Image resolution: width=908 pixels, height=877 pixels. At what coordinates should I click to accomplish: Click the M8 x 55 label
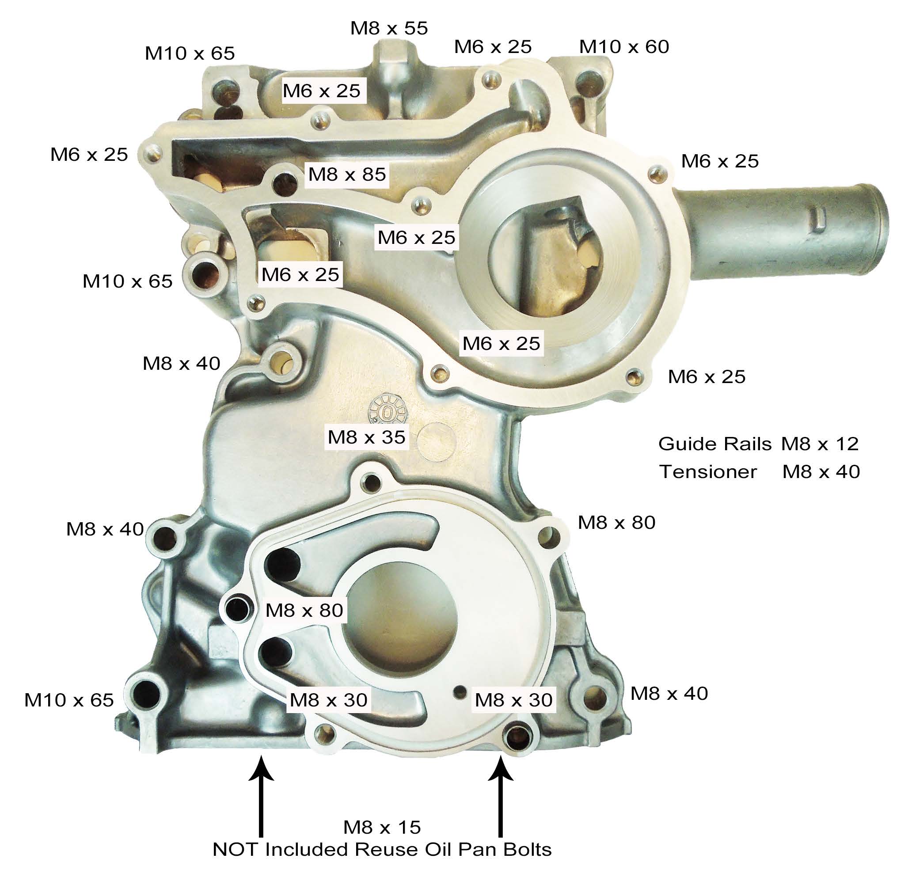click(x=389, y=28)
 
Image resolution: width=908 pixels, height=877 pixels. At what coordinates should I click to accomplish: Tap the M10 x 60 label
click(x=624, y=46)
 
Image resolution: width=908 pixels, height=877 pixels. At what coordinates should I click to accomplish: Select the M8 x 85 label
click(x=347, y=174)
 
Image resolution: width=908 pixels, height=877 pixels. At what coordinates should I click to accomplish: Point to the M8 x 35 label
click(x=366, y=437)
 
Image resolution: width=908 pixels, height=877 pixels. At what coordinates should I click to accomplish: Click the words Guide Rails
click(x=715, y=444)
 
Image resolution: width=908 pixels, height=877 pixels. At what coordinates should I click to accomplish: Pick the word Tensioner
click(x=708, y=471)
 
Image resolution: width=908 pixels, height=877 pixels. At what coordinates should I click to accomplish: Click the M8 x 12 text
click(x=820, y=444)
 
